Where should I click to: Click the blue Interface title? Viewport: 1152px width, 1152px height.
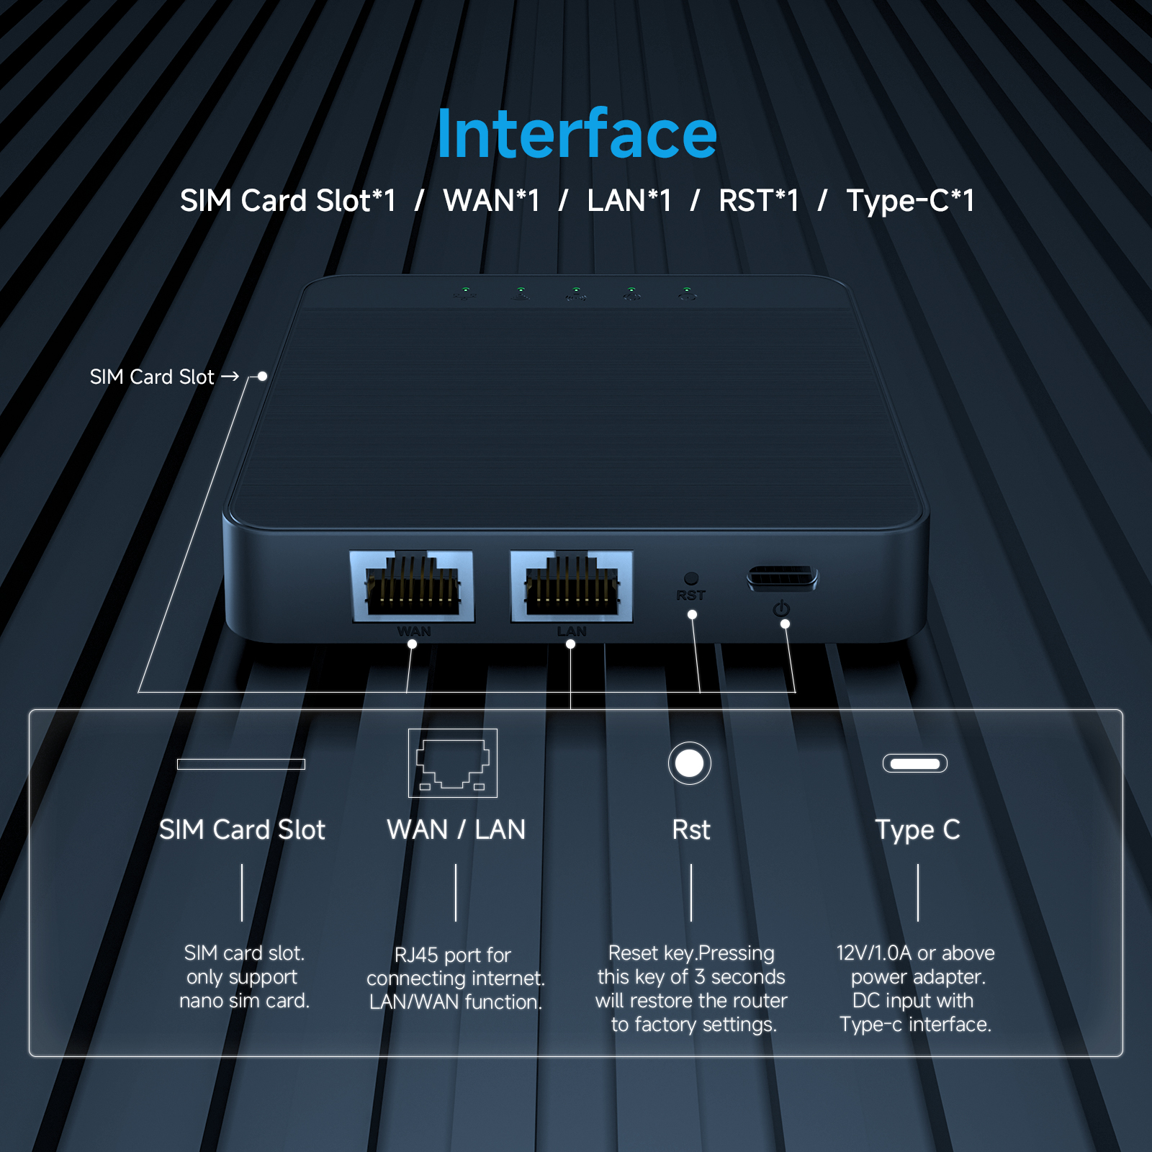(x=577, y=134)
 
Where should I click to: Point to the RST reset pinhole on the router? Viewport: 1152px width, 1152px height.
(x=691, y=578)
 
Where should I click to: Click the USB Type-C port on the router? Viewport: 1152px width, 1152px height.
(x=782, y=577)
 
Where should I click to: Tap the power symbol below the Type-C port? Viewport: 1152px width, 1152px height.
(x=781, y=609)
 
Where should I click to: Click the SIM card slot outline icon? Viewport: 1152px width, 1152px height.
(x=241, y=764)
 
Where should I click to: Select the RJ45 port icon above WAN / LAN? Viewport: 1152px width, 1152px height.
(x=453, y=763)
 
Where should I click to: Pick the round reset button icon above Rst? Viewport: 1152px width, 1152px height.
(x=690, y=763)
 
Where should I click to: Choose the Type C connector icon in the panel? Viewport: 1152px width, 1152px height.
(x=915, y=763)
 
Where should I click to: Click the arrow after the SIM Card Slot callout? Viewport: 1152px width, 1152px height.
(x=230, y=377)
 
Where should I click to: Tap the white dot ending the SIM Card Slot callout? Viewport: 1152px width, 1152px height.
(x=263, y=376)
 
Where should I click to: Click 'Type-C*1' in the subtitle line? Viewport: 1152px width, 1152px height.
(x=910, y=201)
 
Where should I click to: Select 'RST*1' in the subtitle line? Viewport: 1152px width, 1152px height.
(x=759, y=201)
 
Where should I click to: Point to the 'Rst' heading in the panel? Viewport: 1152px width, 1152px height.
(x=691, y=830)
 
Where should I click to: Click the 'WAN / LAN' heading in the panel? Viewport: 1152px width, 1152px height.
(x=456, y=830)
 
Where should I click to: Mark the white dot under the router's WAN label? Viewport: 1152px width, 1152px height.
(x=412, y=644)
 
